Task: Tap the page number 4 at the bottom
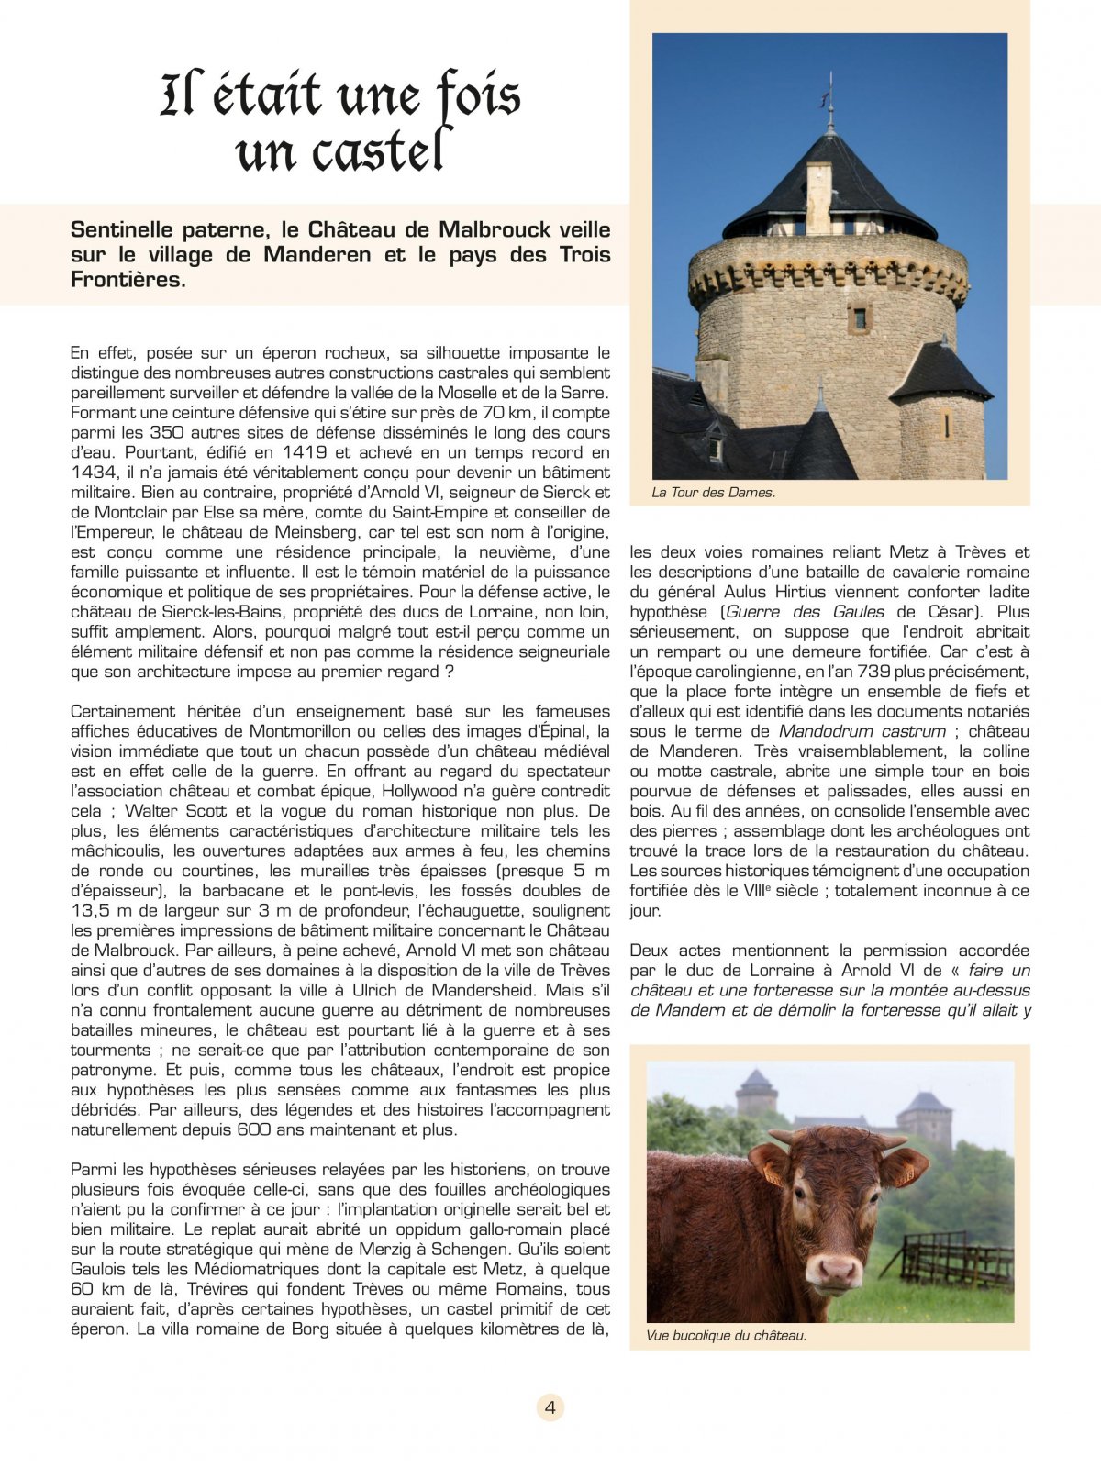[550, 1407]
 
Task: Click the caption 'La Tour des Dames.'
[713, 493]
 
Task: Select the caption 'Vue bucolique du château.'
[726, 1335]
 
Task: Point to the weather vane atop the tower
[830, 92]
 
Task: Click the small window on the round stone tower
[860, 318]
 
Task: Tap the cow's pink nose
[836, 1272]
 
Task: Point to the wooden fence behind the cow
[954, 1262]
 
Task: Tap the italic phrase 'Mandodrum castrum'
[862, 731]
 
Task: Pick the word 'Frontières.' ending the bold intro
[128, 281]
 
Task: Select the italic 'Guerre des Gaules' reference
[806, 612]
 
